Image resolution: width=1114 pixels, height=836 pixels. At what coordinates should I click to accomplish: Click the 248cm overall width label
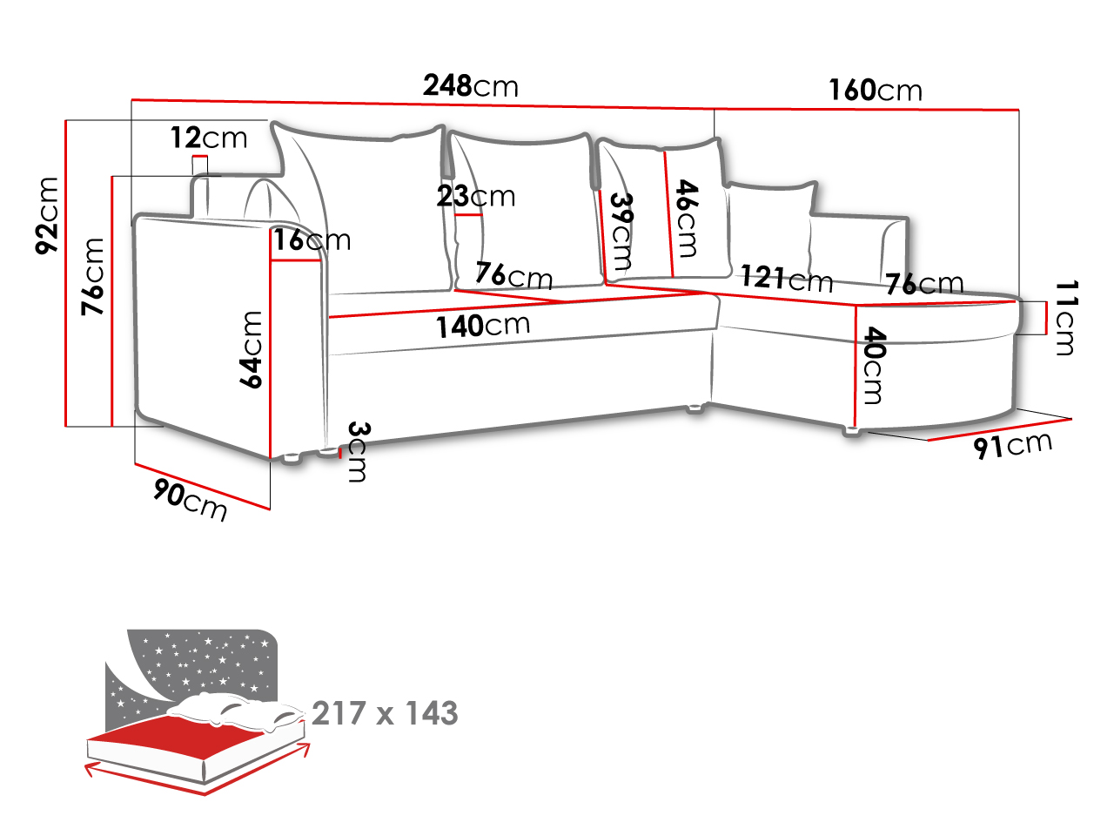pos(471,85)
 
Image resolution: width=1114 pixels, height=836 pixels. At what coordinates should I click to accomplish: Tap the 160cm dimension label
pos(875,90)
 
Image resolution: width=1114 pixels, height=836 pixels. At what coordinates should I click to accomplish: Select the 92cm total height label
pos(47,215)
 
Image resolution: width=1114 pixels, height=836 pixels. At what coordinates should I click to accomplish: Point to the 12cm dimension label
pos(209,138)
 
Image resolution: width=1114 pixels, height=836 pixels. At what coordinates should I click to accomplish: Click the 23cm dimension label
pos(475,196)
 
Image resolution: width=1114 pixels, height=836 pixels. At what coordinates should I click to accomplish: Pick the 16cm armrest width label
pos(312,239)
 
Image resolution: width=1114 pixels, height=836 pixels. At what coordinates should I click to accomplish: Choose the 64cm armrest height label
pos(251,349)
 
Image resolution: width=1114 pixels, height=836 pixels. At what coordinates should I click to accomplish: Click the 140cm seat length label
pos(483,326)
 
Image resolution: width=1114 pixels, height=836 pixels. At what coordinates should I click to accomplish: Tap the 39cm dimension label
pos(621,232)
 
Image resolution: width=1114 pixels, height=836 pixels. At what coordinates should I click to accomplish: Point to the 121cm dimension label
pos(787,278)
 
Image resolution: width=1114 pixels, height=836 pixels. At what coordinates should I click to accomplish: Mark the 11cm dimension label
pos(1065,318)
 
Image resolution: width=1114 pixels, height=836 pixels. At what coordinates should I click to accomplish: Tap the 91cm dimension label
pos(1012,446)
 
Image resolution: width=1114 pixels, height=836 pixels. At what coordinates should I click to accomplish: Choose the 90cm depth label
pos(190,500)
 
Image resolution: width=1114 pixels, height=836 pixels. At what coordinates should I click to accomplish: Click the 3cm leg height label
pos(359,451)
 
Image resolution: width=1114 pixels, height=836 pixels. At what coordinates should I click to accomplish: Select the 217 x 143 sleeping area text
pos(385,712)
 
